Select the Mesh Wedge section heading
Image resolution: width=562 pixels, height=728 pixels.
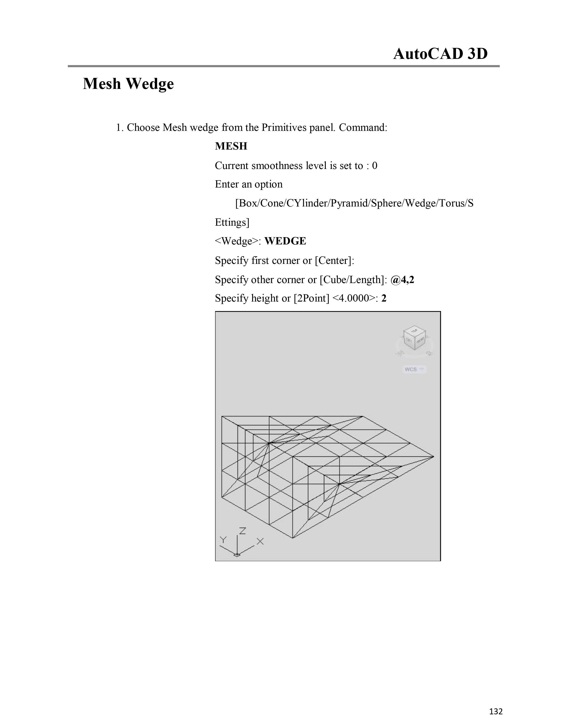pos(128,84)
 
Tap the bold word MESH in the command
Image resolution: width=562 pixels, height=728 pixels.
pos(231,146)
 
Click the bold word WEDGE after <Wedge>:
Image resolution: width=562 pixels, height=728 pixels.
pos(285,241)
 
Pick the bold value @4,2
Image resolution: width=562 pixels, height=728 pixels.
pos(402,280)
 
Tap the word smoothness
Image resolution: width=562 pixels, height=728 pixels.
pos(276,166)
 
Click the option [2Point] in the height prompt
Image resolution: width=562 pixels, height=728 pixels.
pos(311,298)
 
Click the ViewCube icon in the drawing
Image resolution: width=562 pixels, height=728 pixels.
pos(415,338)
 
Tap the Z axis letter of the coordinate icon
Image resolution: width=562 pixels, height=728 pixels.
pos(242,531)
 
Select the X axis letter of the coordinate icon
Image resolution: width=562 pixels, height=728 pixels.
pos(260,542)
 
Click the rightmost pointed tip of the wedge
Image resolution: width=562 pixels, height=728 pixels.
pos(433,457)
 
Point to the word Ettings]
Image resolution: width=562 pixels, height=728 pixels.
pos(232,222)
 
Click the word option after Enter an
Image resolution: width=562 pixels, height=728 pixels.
pos(268,184)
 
